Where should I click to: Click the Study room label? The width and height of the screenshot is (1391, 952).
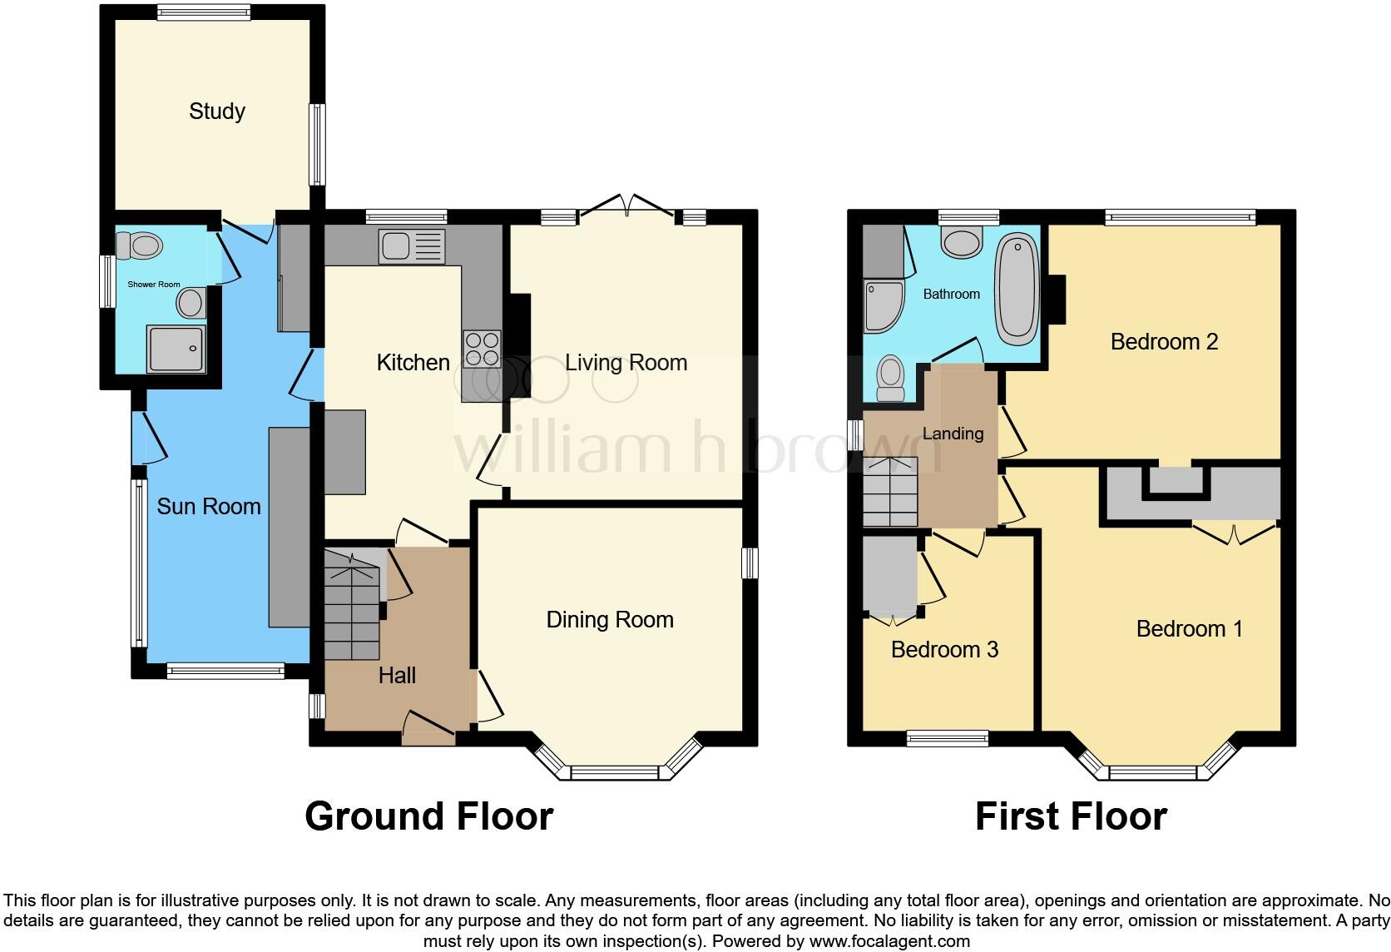pos(217,112)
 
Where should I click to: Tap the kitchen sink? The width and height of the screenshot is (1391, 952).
pos(412,246)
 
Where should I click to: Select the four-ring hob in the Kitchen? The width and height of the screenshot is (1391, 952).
pos(483,349)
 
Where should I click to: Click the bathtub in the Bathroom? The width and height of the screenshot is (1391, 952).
pos(1017,289)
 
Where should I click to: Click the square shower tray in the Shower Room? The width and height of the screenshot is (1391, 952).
pos(176,348)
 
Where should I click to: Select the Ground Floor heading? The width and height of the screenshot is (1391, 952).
pos(428,816)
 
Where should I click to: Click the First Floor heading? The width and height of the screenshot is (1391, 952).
pos(1071,816)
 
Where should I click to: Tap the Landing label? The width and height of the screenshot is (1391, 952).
pos(953,434)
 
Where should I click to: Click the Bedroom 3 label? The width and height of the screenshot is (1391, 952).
pos(944,650)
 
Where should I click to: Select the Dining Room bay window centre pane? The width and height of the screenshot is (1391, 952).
pos(614,773)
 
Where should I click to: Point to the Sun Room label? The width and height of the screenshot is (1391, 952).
pos(209,507)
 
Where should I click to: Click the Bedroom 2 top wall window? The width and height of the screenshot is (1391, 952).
pos(1180,217)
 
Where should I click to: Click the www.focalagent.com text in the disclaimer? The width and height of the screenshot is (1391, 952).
pos(889,942)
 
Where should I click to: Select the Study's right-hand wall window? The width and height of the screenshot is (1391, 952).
pos(317,144)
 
